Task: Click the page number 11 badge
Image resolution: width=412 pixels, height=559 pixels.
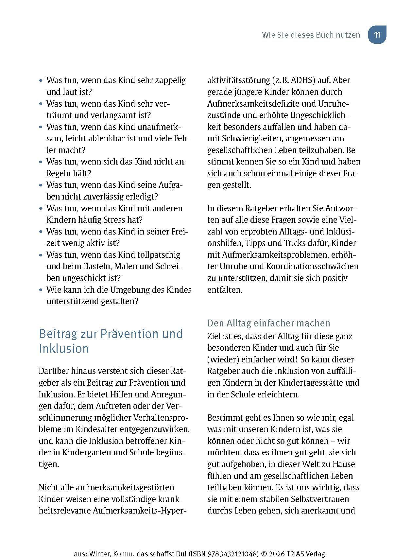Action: point(377,35)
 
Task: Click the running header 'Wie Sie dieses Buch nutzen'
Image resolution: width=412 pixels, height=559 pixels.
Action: point(311,35)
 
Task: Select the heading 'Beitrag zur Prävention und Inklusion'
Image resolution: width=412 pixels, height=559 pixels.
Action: point(111,341)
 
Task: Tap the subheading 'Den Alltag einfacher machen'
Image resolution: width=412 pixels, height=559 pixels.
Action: point(269,323)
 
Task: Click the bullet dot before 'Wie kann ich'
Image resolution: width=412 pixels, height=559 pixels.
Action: point(41,290)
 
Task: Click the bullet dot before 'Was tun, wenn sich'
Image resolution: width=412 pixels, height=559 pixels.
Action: point(41,162)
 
